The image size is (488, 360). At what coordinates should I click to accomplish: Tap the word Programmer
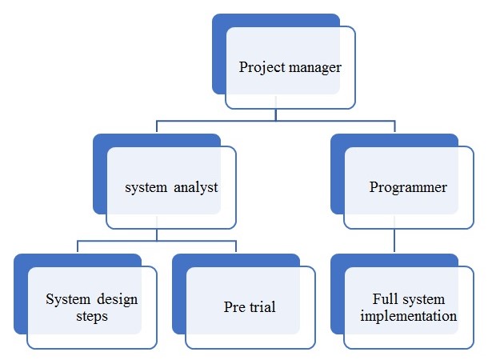point(408,188)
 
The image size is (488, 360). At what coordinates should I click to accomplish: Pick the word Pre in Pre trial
point(234,308)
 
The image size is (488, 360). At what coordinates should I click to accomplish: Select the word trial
point(262,308)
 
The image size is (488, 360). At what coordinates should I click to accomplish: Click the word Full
point(384,300)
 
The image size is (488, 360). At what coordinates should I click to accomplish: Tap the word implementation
point(409,316)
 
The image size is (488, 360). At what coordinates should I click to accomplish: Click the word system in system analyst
point(146,188)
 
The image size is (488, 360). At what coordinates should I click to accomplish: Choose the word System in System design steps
point(67,300)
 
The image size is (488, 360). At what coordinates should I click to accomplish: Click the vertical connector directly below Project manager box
point(275,114)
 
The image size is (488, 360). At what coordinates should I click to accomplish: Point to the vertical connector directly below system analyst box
point(157,234)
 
